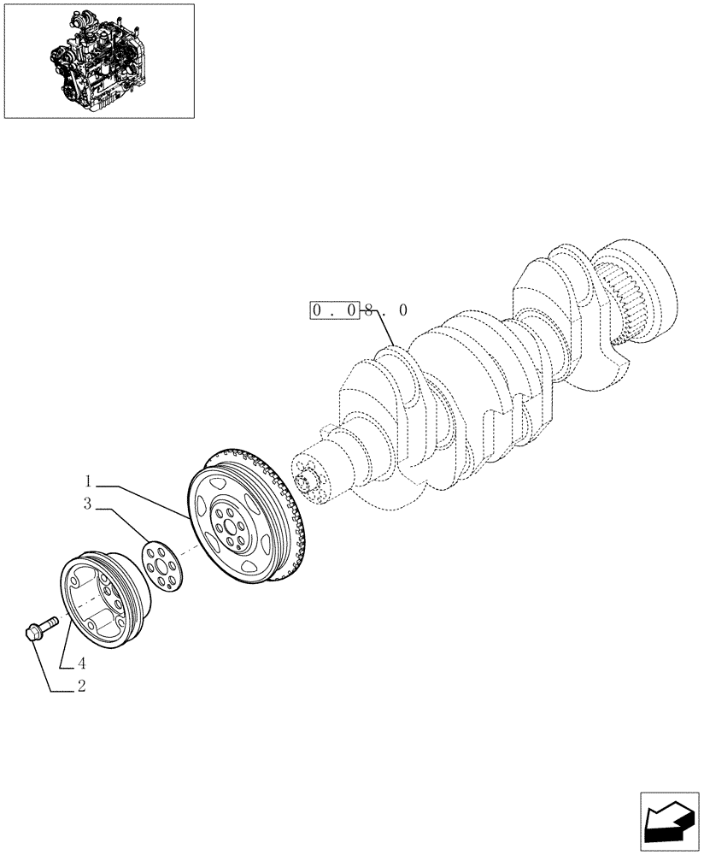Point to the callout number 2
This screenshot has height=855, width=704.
(x=81, y=685)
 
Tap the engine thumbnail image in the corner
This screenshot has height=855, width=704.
(x=99, y=61)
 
